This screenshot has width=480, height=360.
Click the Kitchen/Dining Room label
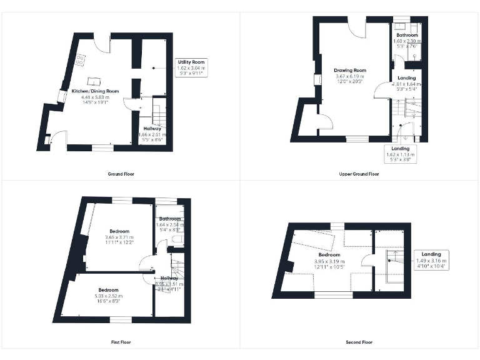tap(95, 91)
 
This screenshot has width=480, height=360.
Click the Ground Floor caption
tap(121, 174)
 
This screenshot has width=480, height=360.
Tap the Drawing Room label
tap(350, 71)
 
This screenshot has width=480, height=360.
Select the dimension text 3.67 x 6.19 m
tap(350, 76)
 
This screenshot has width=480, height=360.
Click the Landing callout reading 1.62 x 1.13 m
tap(400, 154)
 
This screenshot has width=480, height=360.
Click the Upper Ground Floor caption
tap(361, 174)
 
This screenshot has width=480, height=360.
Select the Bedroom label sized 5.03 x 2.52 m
tap(108, 290)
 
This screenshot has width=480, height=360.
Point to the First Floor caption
tap(121, 342)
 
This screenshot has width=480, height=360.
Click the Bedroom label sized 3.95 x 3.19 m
tap(329, 255)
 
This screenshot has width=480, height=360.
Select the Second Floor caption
tap(359, 342)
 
